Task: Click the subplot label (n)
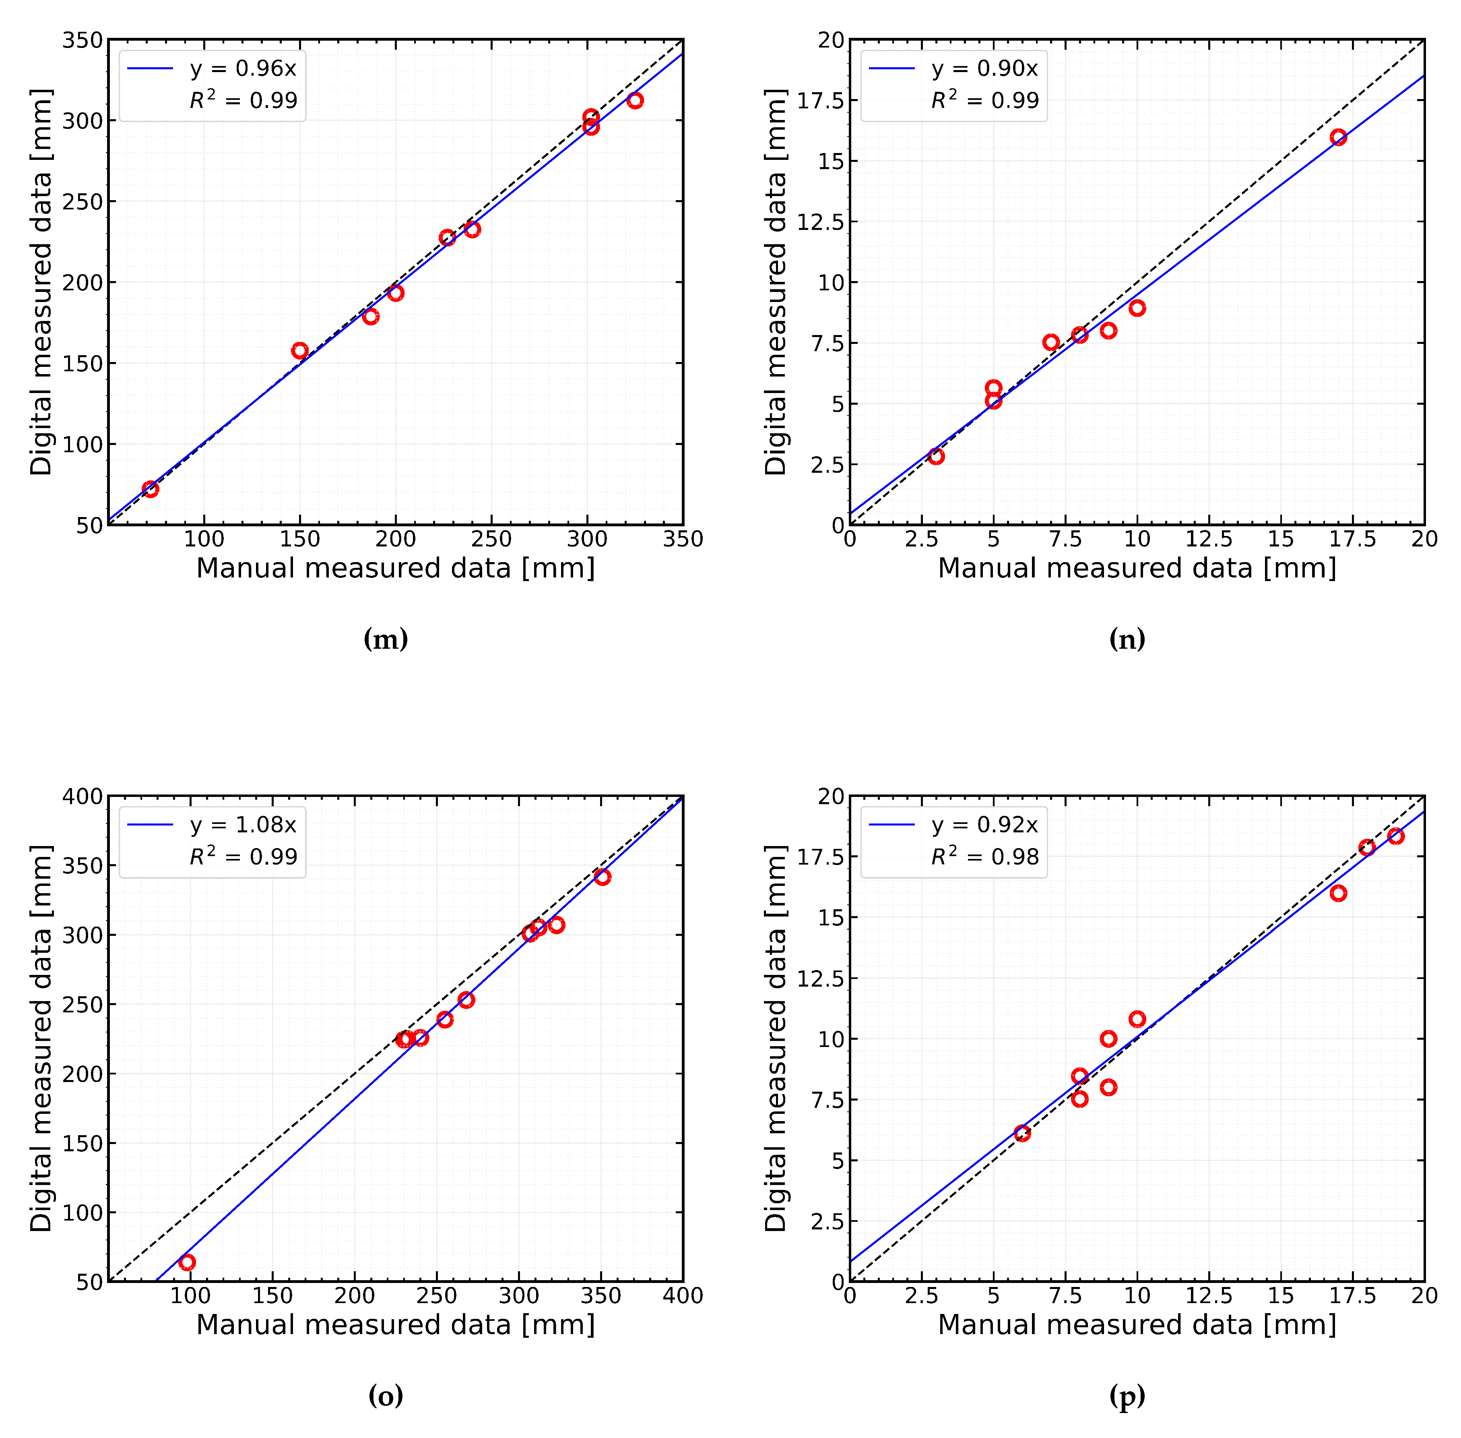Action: tap(1127, 640)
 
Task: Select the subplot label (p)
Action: tap(1127, 1397)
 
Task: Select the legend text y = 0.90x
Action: tap(984, 69)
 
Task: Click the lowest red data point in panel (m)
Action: tap(150, 488)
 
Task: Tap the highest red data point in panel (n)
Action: tap(1338, 137)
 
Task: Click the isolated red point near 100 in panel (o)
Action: tap(187, 1262)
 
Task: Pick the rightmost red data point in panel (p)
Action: tap(1395, 836)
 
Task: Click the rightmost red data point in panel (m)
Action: tap(635, 100)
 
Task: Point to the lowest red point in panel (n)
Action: tap(936, 456)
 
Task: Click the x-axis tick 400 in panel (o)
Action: tap(683, 1296)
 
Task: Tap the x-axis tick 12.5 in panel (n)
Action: tap(1209, 539)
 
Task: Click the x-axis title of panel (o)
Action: tap(396, 1325)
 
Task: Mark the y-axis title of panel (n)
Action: tap(776, 282)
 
